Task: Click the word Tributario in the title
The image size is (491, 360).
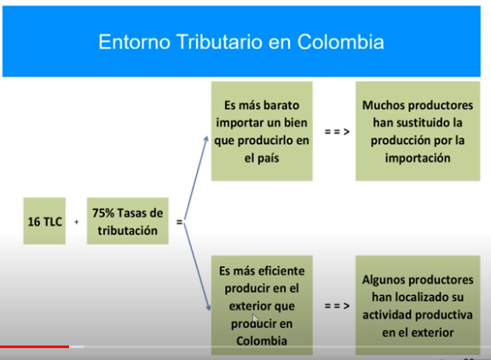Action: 219,42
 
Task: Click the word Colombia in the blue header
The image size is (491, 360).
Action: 340,42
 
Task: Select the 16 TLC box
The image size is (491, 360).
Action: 44,221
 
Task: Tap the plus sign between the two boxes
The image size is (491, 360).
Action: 77,222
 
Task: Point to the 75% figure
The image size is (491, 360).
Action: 103,213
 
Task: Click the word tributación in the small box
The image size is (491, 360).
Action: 128,230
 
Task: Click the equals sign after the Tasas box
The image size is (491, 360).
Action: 179,222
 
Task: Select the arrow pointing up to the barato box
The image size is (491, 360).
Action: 196,177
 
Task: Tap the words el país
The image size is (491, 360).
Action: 262,158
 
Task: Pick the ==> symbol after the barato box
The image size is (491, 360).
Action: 337,131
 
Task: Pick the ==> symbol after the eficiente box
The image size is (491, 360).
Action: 337,305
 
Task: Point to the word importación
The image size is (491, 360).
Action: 418,158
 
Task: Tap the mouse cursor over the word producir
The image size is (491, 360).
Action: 255,319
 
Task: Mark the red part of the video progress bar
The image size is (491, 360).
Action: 34,346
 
